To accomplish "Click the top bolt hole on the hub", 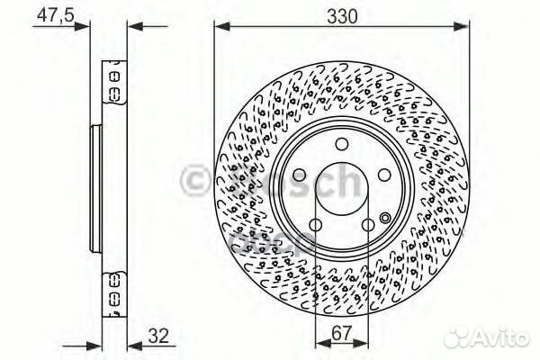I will (x=341, y=146).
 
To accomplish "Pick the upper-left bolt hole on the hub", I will (x=298, y=176).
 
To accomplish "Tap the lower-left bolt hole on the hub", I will (x=314, y=226).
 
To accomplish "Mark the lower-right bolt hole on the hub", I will (x=368, y=226).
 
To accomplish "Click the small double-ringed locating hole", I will (x=385, y=217).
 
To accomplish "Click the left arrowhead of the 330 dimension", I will (x=219, y=27).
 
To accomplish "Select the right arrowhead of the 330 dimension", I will (x=465, y=27).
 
